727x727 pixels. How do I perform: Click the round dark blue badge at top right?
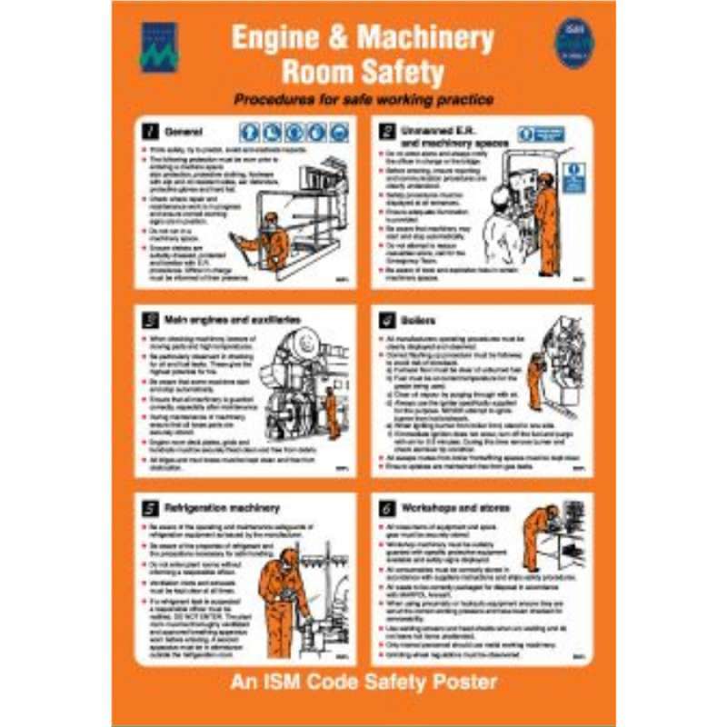pyautogui.click(x=574, y=42)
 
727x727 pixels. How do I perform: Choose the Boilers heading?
pyautogui.click(x=417, y=321)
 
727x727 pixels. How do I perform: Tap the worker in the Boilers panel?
pyautogui.click(x=535, y=380)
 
